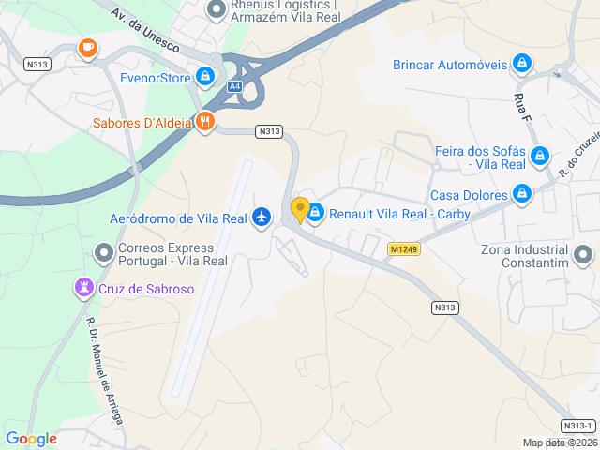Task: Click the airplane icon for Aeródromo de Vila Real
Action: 262,218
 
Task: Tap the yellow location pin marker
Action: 301,210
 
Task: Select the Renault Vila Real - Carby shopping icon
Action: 316,213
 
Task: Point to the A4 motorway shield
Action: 233,86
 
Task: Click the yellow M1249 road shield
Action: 403,249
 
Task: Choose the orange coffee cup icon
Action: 87,47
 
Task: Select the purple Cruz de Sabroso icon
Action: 85,288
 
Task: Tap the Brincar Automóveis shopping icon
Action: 522,65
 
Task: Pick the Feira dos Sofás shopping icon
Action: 539,156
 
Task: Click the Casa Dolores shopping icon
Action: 522,195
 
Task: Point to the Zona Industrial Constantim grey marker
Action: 583,254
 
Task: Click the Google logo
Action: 31,439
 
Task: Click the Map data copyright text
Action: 560,442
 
